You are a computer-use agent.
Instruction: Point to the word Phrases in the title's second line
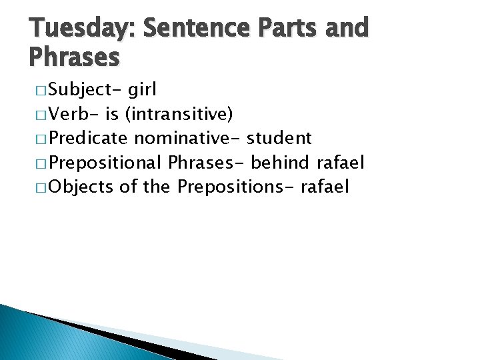tap(74, 58)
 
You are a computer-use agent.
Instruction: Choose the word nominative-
tap(188, 139)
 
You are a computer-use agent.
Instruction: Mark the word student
tap(279, 139)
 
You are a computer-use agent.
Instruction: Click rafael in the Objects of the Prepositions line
tap(325, 187)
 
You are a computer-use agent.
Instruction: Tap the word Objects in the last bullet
tap(81, 187)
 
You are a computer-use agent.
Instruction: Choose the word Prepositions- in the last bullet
tap(236, 187)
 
